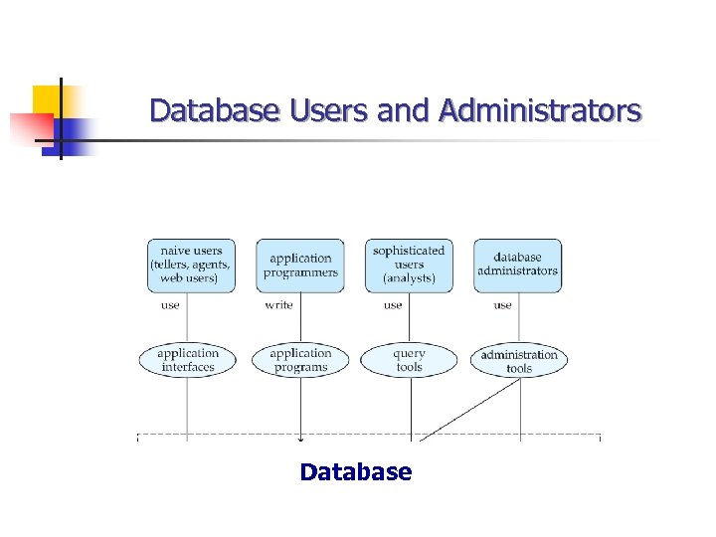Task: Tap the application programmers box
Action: pos(300,265)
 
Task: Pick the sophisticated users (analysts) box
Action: pos(409,265)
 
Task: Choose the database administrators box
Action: pos(517,265)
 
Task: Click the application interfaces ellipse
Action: pos(187,360)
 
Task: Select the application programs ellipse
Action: pos(299,360)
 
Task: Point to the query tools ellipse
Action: pos(409,360)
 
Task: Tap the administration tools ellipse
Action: pos(519,361)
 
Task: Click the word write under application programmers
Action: pos(278,305)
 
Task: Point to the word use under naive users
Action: pos(170,305)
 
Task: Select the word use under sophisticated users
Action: pos(393,305)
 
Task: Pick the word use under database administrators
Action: pos(503,305)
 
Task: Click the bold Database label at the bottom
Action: pos(355,471)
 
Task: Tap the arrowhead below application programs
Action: pos(300,438)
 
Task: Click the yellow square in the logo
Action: pos(47,100)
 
